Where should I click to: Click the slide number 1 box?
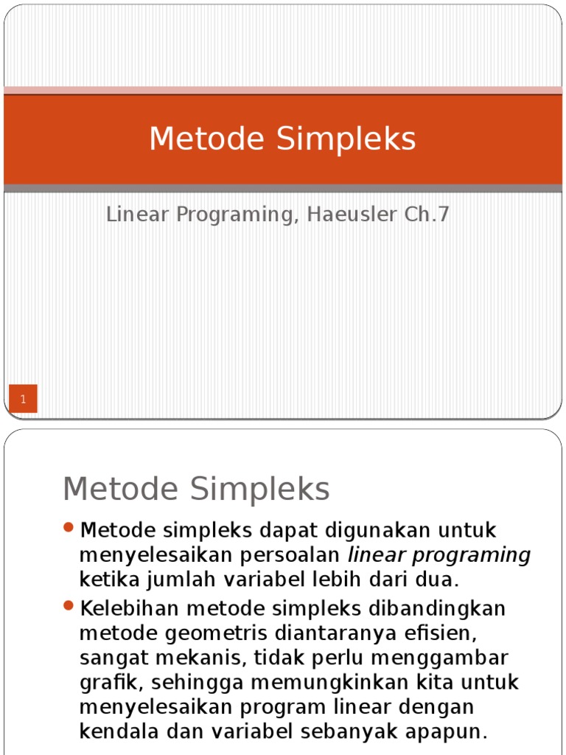coord(24,399)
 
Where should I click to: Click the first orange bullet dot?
coord(69,527)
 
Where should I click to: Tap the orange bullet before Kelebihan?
coord(69,606)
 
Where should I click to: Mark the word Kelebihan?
coord(128,609)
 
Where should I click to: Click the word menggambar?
coord(442,658)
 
